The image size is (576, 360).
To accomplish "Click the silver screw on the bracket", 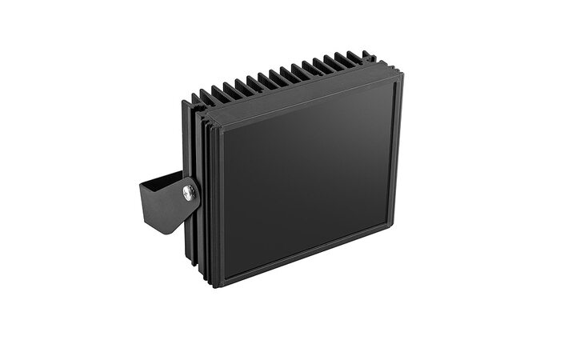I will pyautogui.click(x=188, y=191).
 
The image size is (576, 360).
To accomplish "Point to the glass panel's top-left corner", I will pyautogui.click(x=223, y=128).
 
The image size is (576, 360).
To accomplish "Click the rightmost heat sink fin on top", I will pyautogui.click(x=367, y=57).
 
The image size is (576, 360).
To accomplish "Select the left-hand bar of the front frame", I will pyautogui.click(x=218, y=204).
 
